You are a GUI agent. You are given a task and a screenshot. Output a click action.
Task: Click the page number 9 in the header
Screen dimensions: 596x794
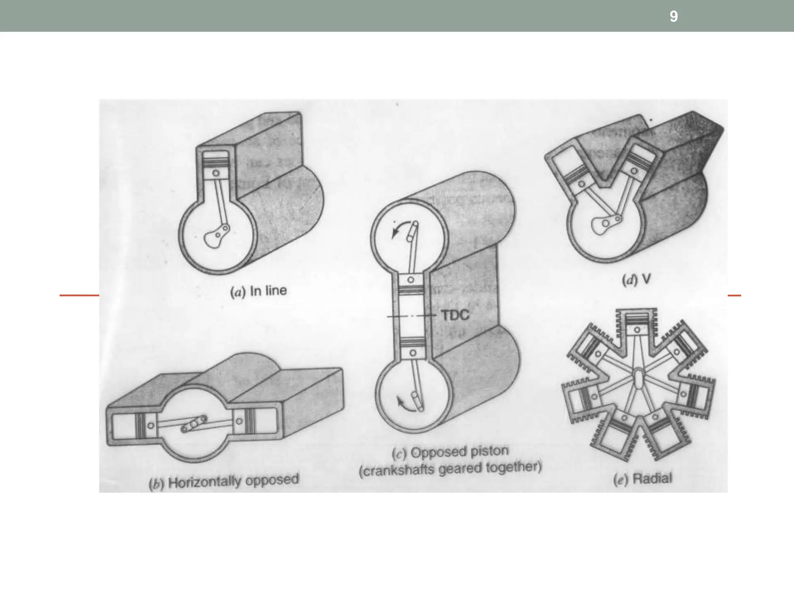[x=673, y=16]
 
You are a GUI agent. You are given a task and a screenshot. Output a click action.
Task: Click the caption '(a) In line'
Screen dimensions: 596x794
[x=259, y=291]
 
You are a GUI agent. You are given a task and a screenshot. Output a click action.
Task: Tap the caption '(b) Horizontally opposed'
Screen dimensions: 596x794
[x=224, y=482]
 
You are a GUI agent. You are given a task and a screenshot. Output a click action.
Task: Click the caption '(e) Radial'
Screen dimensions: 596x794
[x=643, y=479]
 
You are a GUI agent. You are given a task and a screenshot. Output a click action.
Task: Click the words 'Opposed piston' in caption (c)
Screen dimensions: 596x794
[x=459, y=452]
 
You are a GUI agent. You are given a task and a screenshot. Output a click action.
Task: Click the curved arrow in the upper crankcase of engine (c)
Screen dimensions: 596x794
[x=399, y=229]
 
